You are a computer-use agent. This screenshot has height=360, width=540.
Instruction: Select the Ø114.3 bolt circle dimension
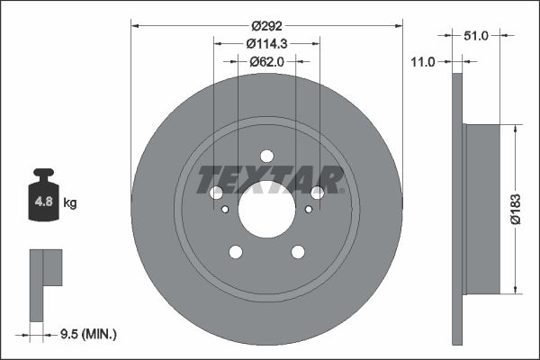coord(266,42)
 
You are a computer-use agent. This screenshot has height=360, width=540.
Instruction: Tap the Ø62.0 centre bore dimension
coord(266,62)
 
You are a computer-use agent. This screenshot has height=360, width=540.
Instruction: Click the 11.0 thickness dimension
coord(422,61)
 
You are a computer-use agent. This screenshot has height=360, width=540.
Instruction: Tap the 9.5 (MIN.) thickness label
coord(86,334)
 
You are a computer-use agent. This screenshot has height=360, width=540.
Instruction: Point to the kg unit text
coord(70,203)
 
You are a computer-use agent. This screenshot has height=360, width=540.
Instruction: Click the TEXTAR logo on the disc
coord(271,180)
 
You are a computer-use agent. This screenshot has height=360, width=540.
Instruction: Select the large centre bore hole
coord(266,211)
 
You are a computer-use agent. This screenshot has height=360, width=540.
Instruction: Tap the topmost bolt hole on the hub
coord(266,156)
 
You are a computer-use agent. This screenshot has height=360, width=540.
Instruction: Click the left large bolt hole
coord(216,193)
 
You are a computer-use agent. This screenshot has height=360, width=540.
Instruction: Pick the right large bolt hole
coord(317,193)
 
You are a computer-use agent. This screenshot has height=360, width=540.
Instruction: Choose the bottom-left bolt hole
coord(236,252)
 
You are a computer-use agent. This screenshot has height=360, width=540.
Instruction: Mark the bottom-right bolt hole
coord(297,252)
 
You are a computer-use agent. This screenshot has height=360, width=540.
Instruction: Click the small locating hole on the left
coord(224,210)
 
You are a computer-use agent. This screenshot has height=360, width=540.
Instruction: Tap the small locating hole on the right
coord(309,210)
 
